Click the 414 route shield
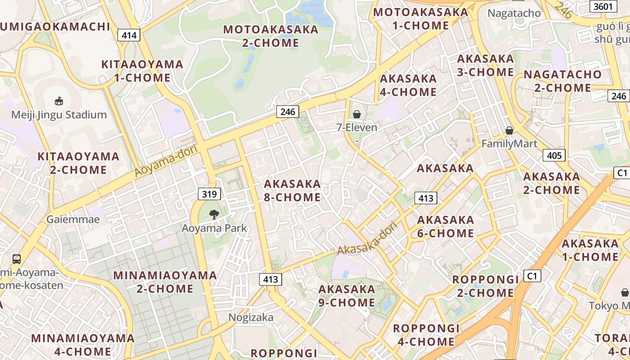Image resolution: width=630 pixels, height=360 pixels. point(129,35)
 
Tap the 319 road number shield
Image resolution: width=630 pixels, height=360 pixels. point(209,194)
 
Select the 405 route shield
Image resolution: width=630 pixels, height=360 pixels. point(553,155)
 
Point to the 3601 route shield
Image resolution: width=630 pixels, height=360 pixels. point(603,6)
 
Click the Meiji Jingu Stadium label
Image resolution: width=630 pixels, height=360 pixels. point(59,115)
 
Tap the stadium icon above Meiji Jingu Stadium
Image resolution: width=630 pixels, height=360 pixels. point(59,101)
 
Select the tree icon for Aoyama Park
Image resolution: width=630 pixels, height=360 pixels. point(214,215)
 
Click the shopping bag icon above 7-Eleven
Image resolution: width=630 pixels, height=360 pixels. point(357,114)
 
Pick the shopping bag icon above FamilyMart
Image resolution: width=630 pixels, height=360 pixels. point(509,130)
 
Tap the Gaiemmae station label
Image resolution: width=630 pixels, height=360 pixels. point(73,220)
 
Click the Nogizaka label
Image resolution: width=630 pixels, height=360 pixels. point(251,317)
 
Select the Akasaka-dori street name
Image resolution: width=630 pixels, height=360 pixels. point(369,238)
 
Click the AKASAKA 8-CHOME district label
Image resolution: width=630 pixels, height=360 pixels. point(292,190)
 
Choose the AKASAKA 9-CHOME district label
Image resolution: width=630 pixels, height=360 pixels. point(346,296)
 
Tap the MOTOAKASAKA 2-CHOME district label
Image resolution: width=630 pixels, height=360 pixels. point(270,36)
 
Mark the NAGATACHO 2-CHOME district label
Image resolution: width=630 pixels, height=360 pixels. point(562,81)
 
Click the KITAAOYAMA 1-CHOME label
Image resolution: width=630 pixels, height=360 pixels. point(142,71)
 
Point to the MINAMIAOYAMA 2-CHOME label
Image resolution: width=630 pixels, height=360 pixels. point(165,282)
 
